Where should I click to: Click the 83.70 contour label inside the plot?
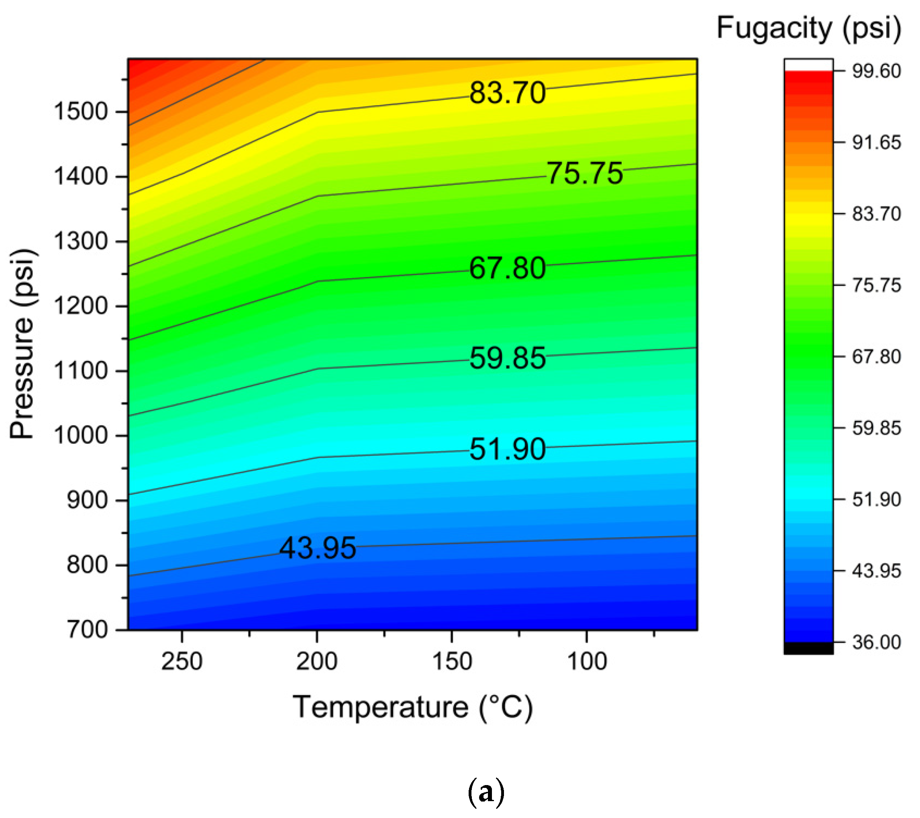point(507,93)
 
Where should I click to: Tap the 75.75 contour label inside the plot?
point(585,173)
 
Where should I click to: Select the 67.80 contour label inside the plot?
point(507,268)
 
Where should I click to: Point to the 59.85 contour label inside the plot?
point(507,358)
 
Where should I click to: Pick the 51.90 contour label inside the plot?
point(507,449)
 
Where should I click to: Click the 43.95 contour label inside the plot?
point(317,548)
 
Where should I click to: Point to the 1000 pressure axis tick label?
point(81,435)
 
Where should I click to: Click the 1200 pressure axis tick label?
point(81,306)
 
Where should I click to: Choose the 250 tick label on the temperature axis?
point(182,661)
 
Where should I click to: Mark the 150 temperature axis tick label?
point(451,661)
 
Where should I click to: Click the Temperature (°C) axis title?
point(413,707)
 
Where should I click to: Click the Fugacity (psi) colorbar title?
point(808,28)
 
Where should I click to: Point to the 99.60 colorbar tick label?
point(876,71)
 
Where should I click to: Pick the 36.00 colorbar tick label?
point(876,642)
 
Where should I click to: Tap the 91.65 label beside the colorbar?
point(876,143)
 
